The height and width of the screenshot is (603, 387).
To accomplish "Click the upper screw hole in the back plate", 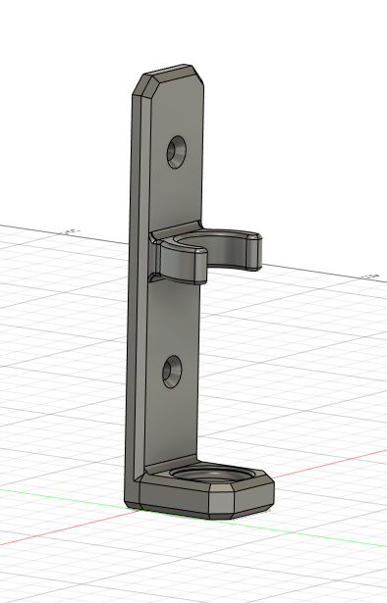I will [x=178, y=151].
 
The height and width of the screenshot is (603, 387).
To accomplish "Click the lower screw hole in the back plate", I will [x=173, y=370].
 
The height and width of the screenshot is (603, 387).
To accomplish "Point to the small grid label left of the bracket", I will [x=70, y=231].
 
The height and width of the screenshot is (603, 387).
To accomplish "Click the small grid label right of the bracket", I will [x=371, y=276].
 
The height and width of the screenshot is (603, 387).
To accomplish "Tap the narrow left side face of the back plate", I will [x=136, y=294].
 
